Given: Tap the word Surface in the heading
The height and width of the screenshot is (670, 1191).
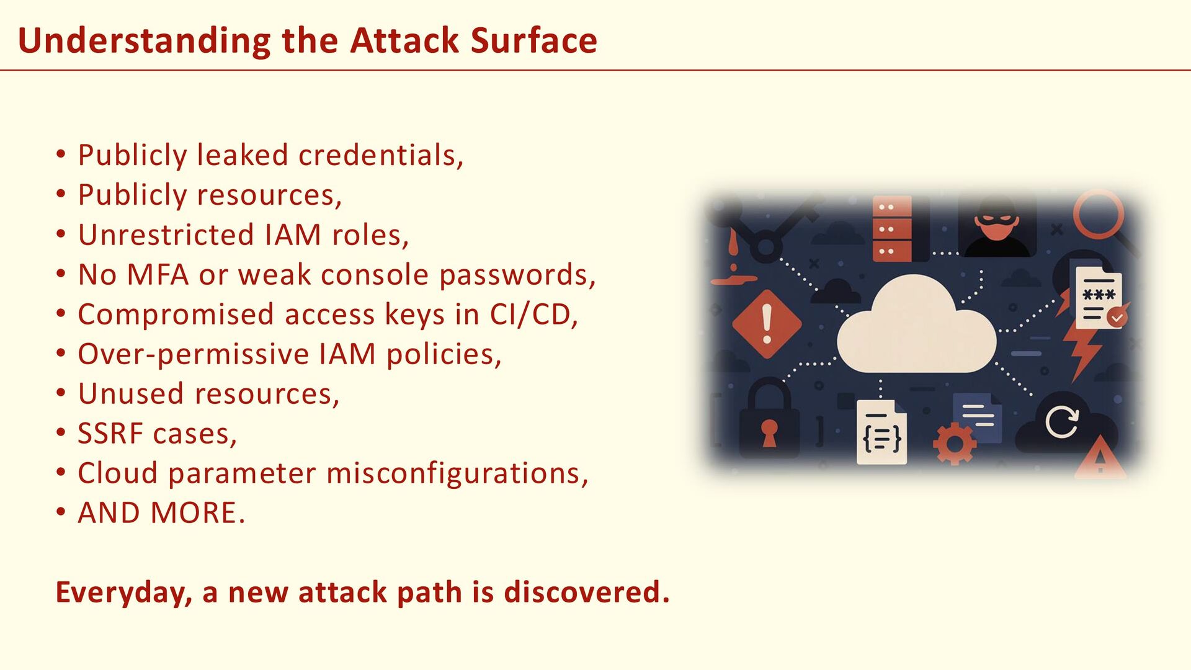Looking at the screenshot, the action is tap(533, 41).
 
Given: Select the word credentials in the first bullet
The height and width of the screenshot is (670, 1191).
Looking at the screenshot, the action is tap(380, 155).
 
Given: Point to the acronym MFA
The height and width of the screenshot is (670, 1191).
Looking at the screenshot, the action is tap(158, 275).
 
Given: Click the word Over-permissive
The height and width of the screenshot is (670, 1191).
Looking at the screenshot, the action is tap(192, 354).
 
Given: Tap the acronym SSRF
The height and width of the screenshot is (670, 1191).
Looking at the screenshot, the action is tap(110, 434).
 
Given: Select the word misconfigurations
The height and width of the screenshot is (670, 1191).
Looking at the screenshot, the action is tap(457, 473).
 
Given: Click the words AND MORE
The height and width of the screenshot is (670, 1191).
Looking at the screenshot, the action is tap(161, 513).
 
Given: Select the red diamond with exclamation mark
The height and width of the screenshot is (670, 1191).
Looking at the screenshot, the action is tap(767, 324).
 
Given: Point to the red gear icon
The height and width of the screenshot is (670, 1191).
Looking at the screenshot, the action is tap(954, 443).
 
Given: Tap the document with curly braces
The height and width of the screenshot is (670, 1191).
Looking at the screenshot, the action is tap(881, 433).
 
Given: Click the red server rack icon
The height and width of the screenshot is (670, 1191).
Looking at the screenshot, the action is tap(892, 228).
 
